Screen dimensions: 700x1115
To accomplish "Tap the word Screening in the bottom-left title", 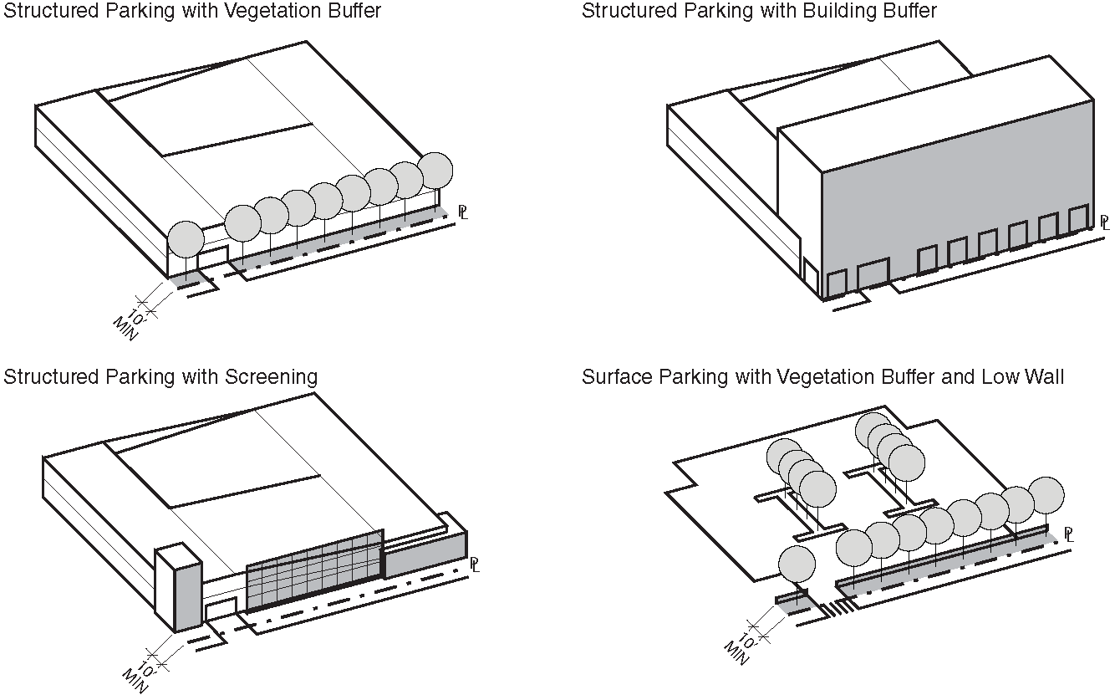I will (271, 377).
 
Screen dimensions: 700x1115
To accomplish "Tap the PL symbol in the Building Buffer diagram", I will (1105, 222).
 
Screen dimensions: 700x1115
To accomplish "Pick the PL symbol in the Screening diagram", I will (474, 565).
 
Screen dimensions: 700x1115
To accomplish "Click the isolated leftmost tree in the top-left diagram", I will (186, 240).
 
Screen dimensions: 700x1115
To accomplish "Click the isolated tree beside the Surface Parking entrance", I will (797, 565).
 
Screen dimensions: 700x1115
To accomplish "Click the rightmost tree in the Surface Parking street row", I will (1046, 495).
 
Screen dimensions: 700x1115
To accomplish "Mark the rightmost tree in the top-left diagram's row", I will (435, 171).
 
